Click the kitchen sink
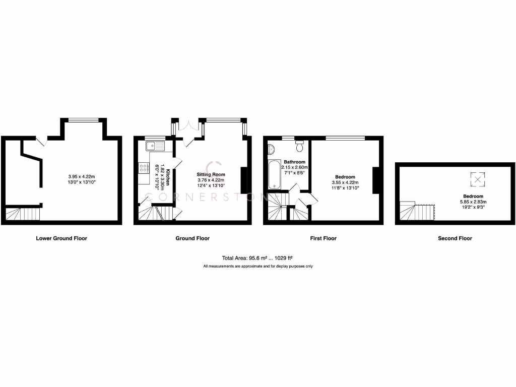(154, 146)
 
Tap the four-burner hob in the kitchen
(143, 168)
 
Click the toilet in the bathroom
(299, 146)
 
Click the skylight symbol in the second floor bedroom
(478, 178)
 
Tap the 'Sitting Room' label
(210, 174)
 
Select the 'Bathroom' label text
(294, 162)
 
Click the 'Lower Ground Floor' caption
(61, 238)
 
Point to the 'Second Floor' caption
(455, 238)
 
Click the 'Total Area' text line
(257, 257)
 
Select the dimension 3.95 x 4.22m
(81, 176)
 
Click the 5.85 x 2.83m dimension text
(473, 202)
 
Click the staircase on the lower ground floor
(23, 214)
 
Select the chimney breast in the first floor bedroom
(375, 180)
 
